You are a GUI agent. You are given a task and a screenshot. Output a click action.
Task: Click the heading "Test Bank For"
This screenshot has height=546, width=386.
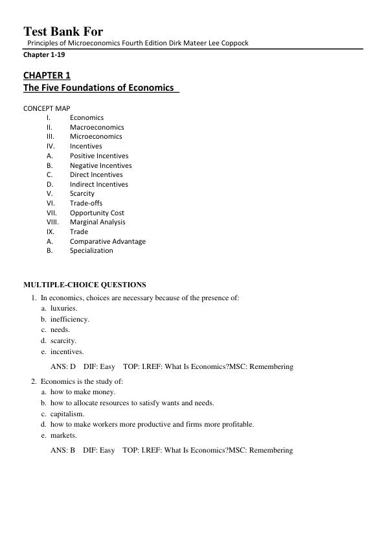click(63, 31)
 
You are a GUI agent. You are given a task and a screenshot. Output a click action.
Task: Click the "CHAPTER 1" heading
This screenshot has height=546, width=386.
click(47, 75)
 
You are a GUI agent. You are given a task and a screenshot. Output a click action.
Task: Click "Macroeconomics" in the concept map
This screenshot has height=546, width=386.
click(97, 127)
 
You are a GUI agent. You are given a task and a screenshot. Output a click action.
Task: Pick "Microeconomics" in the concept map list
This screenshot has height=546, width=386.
click(96, 137)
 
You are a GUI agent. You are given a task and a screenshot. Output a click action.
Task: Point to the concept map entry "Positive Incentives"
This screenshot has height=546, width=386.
click(99, 156)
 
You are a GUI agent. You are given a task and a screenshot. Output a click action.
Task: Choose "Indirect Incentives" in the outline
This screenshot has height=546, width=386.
click(99, 184)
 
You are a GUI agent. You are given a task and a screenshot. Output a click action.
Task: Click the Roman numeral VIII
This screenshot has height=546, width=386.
click(52, 222)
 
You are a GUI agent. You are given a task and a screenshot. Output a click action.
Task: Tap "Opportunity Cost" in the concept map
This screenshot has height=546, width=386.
click(97, 213)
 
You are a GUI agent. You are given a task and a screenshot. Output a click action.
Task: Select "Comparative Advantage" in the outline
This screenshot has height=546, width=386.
click(108, 241)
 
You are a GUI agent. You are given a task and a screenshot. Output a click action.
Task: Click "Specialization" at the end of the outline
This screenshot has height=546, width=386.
click(91, 250)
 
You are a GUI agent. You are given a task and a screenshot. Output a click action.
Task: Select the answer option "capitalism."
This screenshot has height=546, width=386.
click(67, 414)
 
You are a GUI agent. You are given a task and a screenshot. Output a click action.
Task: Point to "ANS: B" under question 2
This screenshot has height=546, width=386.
click(63, 450)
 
